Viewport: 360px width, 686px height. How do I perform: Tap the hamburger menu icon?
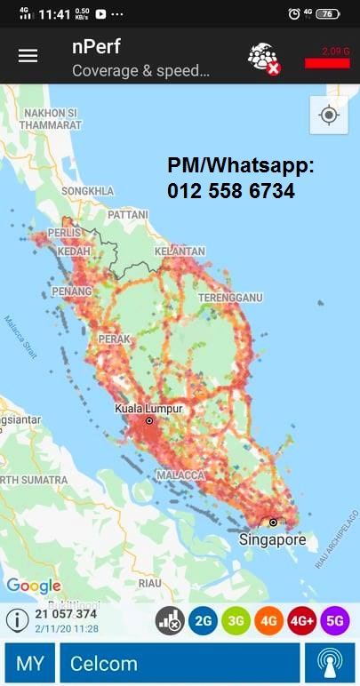click(28, 55)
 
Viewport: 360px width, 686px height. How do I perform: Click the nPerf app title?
click(96, 47)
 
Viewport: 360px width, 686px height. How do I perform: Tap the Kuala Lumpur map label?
click(148, 408)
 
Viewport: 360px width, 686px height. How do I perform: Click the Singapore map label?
click(272, 539)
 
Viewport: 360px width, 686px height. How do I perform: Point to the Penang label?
click(73, 291)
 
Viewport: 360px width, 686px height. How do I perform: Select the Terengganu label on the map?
click(229, 297)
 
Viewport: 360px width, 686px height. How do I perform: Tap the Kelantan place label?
click(180, 251)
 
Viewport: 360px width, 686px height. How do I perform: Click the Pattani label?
click(127, 215)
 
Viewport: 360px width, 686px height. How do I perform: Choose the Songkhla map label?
click(88, 191)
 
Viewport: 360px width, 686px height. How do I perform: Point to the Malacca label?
click(181, 475)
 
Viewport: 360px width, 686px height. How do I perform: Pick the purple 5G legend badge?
click(335, 621)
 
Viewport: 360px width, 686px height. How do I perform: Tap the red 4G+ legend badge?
click(302, 621)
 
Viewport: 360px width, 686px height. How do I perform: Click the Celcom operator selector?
click(179, 664)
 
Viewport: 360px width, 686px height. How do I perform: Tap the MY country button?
click(29, 664)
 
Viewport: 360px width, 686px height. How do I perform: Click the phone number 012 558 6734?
click(231, 191)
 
